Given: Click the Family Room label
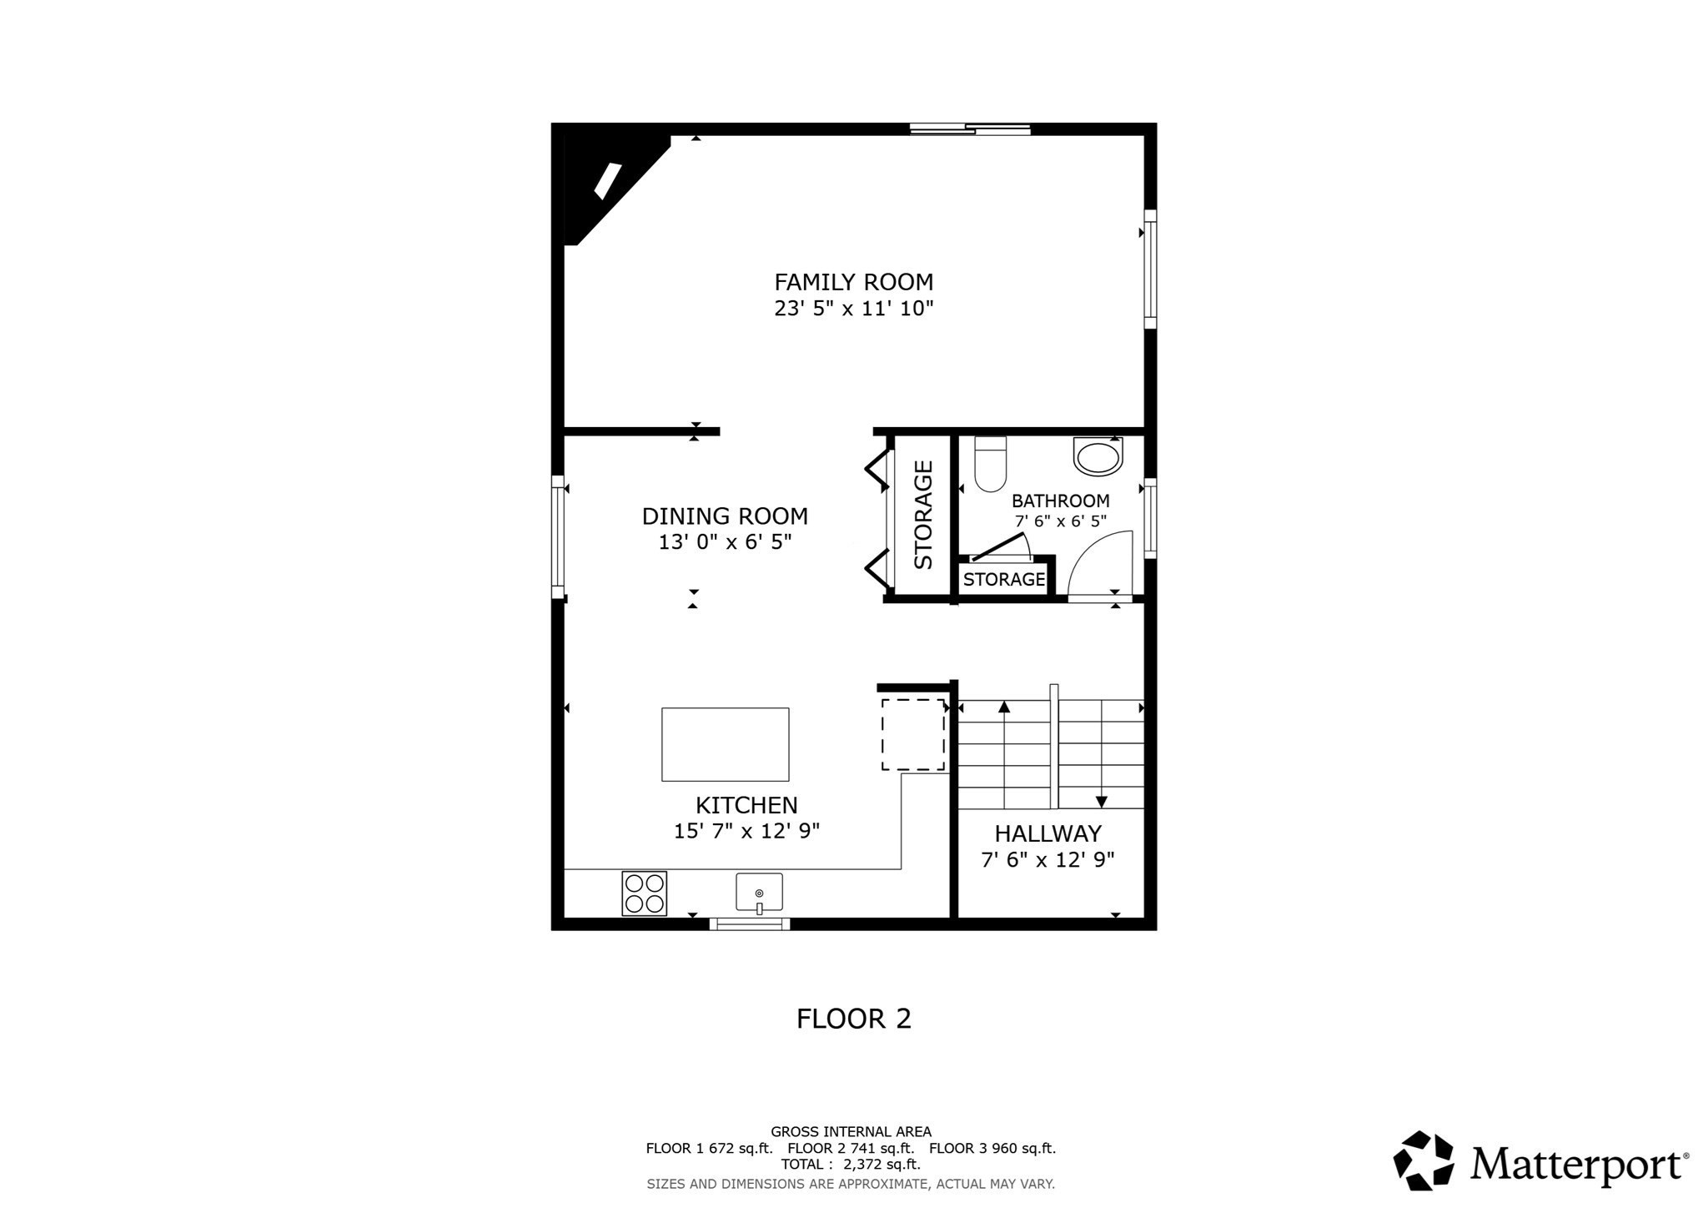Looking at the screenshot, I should pos(853,282).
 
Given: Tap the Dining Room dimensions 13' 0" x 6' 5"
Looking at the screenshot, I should pos(725,542).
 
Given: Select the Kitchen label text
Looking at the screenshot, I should pos(746,805).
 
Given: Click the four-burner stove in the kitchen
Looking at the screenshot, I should pos(644,893).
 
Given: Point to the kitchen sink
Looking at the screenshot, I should pos(759,893).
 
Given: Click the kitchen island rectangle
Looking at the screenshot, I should pos(725,744).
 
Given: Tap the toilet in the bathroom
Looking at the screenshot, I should pos(990,465).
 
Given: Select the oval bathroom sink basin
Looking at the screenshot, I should pos(1098,457).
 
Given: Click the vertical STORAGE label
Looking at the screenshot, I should pos(923,515).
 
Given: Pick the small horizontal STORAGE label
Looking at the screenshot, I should pos(1004,579).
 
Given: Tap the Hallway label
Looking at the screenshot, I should pos(1047,833).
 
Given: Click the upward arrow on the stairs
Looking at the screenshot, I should pos(1004,707).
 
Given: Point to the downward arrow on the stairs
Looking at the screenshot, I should pos(1101,801).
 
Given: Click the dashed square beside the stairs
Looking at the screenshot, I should pos(913,735).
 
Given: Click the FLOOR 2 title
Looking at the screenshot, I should pos(853,1019).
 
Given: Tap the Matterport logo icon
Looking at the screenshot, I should pos(1423,1160).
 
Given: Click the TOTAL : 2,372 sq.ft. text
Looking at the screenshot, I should pos(851,1164).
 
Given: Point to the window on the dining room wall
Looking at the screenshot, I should pos(558,537).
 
